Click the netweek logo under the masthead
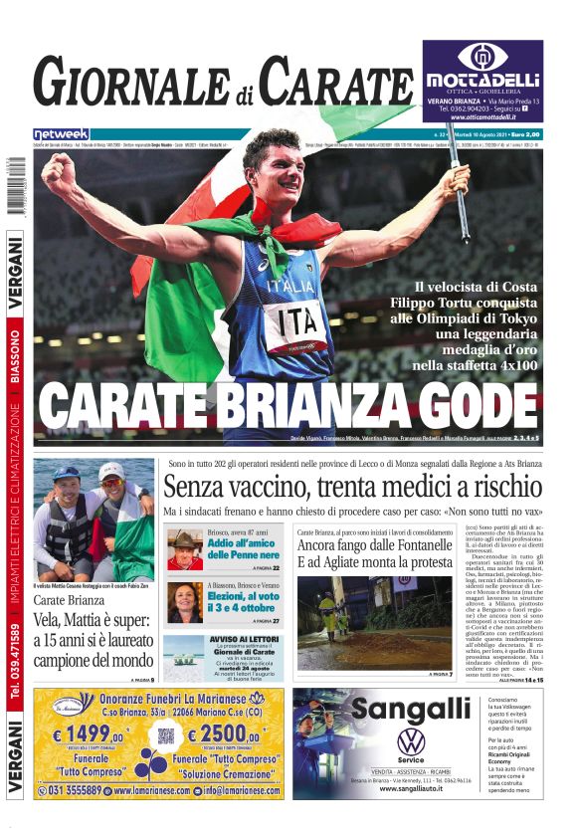pyautogui.click(x=62, y=133)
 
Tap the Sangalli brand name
pyautogui.click(x=411, y=709)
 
